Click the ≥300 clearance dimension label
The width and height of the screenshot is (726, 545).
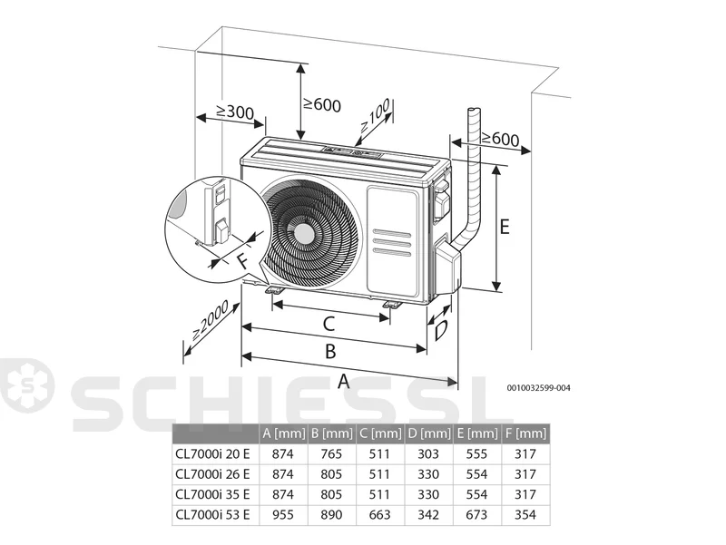[235, 111]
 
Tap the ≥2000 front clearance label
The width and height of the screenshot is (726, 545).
[210, 320]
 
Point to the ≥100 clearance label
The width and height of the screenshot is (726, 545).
[375, 116]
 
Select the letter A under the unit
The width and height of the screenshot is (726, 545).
[343, 381]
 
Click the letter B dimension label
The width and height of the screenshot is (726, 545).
[330, 351]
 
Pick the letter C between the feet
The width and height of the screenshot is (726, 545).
[329, 324]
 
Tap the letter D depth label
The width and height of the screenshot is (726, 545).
[440, 330]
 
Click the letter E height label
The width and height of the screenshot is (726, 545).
[505, 227]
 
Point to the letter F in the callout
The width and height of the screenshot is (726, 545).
[241, 261]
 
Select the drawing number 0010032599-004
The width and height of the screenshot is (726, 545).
[538, 387]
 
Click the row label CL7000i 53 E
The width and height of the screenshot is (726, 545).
[212, 514]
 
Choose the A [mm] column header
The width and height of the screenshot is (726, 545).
[284, 433]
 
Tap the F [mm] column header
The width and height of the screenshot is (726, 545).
[526, 433]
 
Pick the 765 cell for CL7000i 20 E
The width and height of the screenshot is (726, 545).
[331, 453]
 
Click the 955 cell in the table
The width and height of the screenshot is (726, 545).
[283, 514]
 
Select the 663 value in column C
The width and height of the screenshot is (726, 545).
[379, 514]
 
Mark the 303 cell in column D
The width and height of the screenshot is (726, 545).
[428, 453]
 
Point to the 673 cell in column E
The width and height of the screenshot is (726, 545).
[477, 514]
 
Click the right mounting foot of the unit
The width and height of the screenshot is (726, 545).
[393, 304]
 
